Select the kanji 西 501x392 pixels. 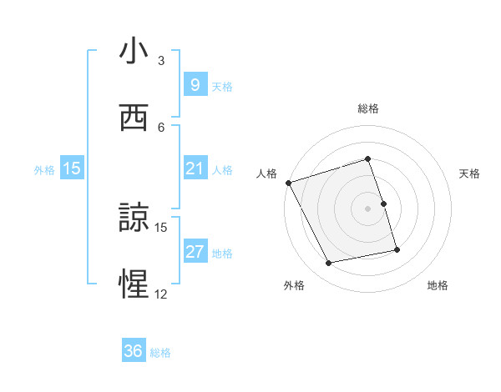134,118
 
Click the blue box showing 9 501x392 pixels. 195,85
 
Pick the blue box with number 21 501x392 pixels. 195,168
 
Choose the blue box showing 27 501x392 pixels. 195,252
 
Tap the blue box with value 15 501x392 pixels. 72,168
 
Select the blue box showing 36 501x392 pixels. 133,351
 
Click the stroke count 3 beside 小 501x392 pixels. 161,61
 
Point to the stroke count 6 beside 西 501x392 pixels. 161,127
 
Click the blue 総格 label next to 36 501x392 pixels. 160,353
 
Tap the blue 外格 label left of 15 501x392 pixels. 44,169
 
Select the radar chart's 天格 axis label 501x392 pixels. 470,173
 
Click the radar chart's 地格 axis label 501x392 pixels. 438,285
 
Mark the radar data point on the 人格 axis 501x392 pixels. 288,183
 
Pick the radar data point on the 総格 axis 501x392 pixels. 367,158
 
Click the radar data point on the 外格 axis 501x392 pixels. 329,263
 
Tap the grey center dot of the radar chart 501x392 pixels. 367,209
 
